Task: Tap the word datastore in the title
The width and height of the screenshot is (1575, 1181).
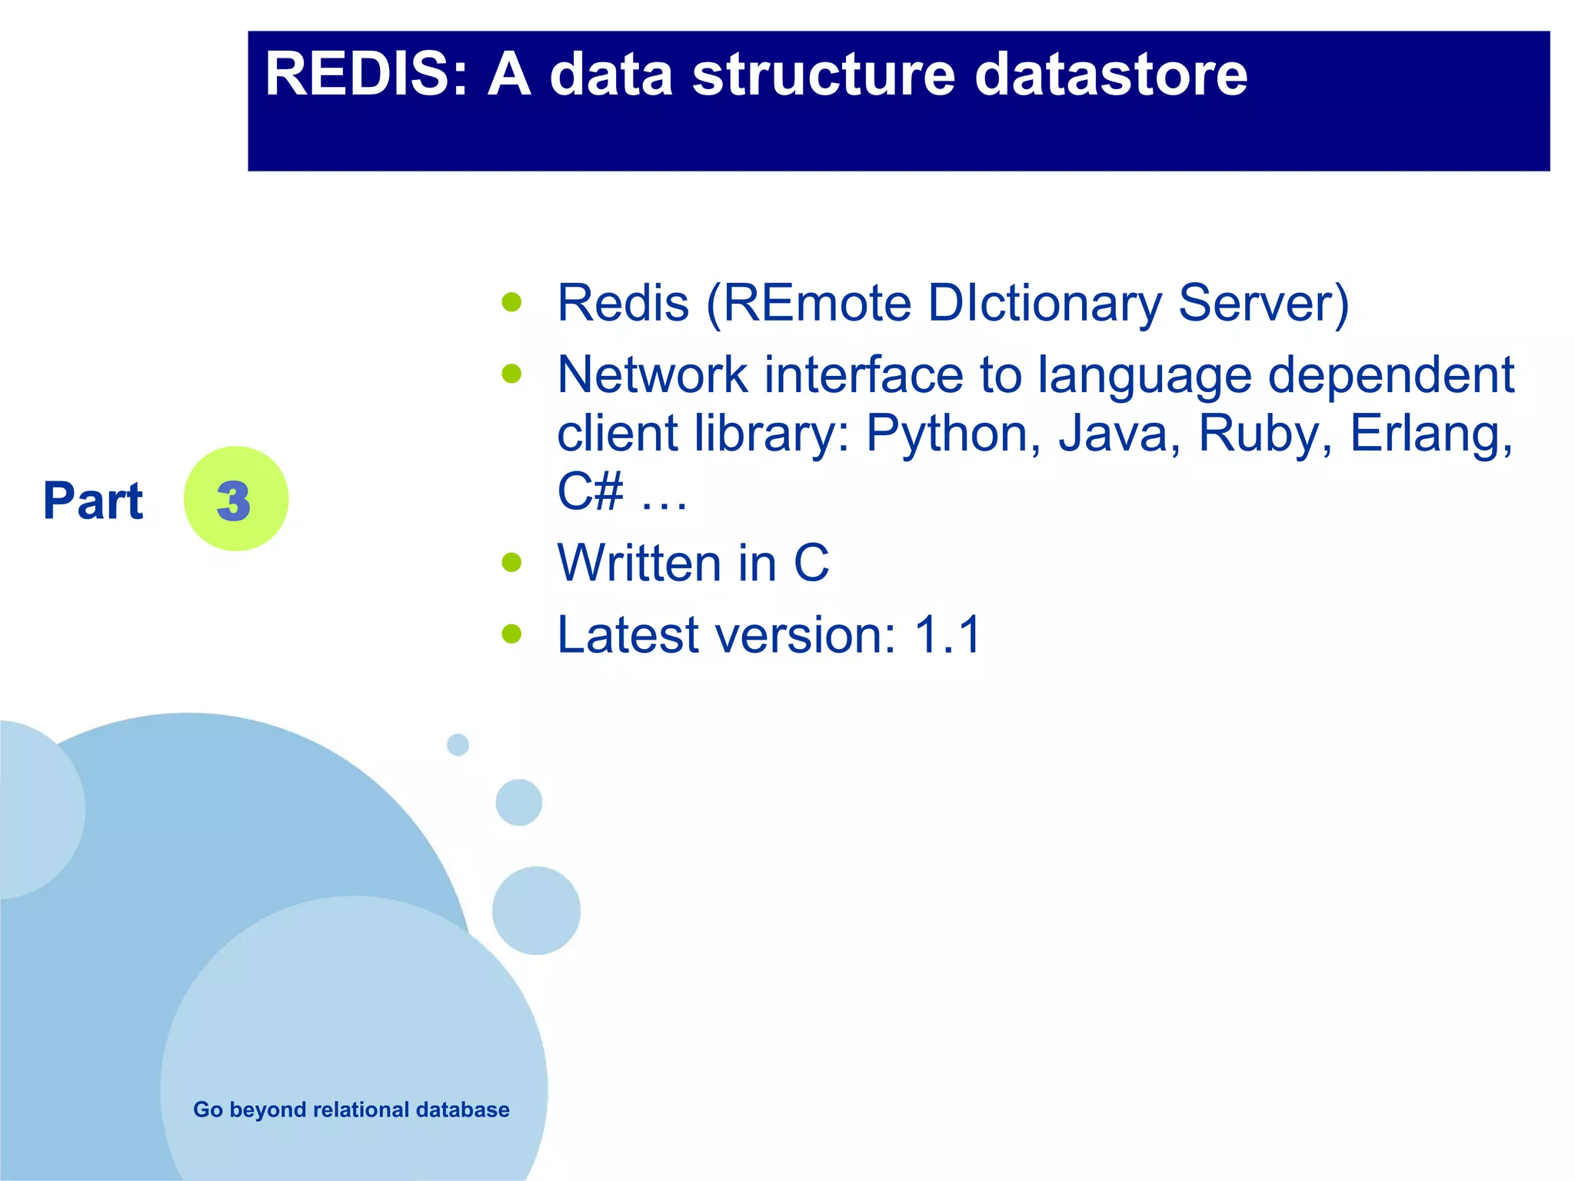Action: [x=1110, y=75]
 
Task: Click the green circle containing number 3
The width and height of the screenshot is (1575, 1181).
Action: [x=236, y=499]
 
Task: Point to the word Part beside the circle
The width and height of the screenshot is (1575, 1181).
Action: [x=93, y=501]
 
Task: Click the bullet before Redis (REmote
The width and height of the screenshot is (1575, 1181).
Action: [x=511, y=301]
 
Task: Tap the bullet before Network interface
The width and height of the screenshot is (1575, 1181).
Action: [x=511, y=374]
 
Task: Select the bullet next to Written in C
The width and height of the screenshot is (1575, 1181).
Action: [x=511, y=562]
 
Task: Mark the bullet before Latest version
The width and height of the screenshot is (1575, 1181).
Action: [x=511, y=634]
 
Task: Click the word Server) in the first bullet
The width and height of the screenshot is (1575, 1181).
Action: [x=1264, y=303]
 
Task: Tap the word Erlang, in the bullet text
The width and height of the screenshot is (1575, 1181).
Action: [x=1431, y=434]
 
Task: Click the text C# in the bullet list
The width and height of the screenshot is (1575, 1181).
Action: [x=590, y=491]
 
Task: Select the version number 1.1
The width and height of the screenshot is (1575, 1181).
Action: [x=947, y=635]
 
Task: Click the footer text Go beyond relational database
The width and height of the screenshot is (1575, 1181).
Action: [x=351, y=1109]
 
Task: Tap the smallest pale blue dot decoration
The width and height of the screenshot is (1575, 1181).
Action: [x=458, y=744]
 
